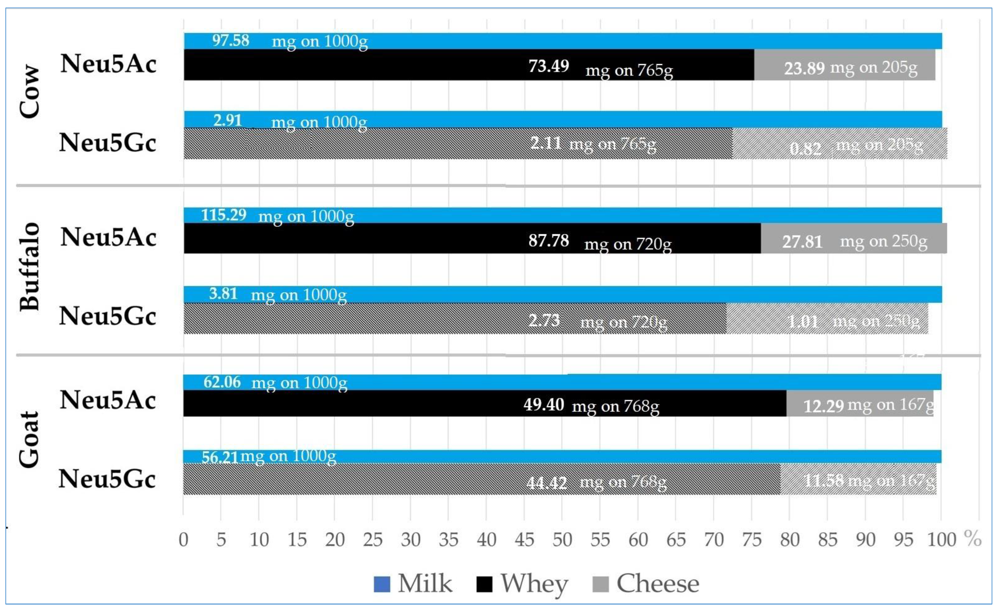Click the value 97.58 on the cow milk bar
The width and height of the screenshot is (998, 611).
click(x=231, y=40)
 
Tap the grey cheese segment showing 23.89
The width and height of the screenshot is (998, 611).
click(x=844, y=67)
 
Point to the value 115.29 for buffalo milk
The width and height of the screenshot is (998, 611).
click(x=224, y=215)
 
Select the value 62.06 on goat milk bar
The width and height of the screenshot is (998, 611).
click(x=222, y=382)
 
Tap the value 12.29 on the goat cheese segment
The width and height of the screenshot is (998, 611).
click(x=823, y=406)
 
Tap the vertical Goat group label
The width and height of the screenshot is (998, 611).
click(x=29, y=439)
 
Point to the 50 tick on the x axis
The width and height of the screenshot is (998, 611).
click(x=562, y=540)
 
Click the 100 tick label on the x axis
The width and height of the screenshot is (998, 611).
click(x=941, y=540)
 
